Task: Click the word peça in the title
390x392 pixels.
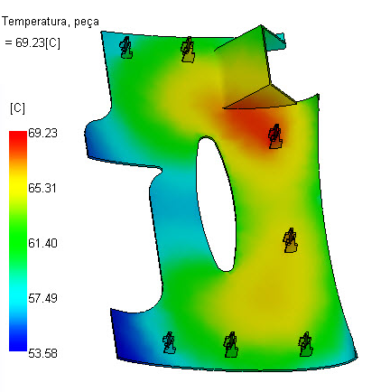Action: pos(87,23)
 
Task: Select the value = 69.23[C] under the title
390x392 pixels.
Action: pos(32,43)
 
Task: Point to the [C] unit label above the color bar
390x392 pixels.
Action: pos(17,108)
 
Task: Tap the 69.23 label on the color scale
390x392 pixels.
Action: pos(42,133)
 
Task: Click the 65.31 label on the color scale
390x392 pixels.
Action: pos(42,188)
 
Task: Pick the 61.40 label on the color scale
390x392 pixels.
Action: pos(42,243)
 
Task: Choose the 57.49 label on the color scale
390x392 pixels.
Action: pos(42,298)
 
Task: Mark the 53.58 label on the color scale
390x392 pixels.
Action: pos(42,353)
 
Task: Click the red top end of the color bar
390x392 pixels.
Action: pos(18,135)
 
